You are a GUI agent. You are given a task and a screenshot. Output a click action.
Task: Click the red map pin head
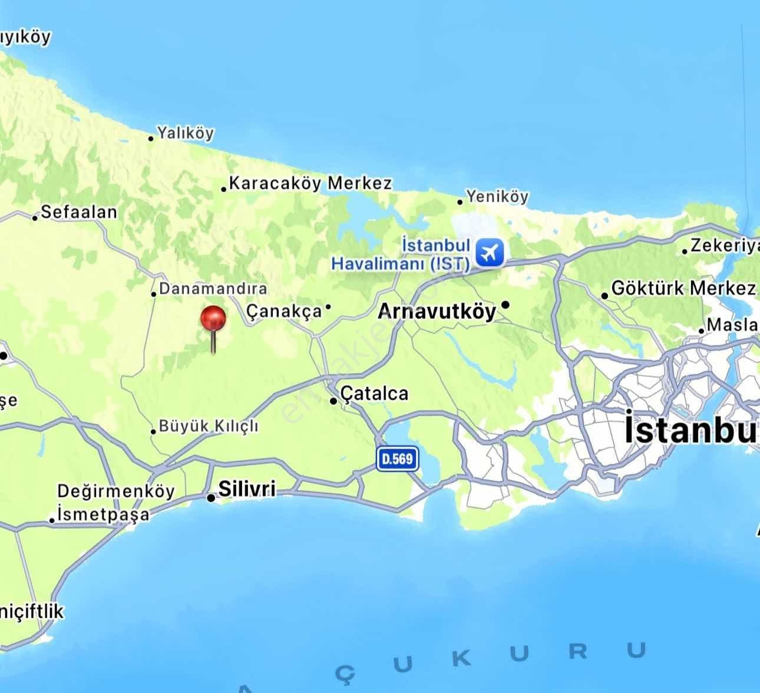coord(213,318)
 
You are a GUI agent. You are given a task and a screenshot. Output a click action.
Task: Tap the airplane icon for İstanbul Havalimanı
coord(489,253)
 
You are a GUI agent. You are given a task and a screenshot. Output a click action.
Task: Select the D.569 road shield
coord(398,458)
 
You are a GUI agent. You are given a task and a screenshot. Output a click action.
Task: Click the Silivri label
coord(247,489)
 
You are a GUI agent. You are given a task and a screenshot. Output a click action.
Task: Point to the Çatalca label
coord(375,393)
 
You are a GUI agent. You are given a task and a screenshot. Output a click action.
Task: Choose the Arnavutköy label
coord(437,311)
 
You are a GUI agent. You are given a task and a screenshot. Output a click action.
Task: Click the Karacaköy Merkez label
coord(310,183)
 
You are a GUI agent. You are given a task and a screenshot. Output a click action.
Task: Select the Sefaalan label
coord(79,212)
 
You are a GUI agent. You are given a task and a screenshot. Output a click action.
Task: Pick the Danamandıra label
coord(213,289)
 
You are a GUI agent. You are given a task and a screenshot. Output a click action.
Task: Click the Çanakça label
coord(285,311)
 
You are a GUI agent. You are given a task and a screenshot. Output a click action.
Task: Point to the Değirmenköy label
coord(116,491)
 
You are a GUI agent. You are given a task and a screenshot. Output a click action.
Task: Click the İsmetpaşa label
coord(104,514)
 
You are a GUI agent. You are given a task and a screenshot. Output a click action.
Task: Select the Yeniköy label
coord(498,196)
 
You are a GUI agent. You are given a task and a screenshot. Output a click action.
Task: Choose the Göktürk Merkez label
coord(683,288)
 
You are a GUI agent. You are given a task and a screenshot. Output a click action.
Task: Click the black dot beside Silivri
coord(211,498)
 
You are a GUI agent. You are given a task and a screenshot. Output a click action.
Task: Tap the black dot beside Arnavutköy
coord(505,305)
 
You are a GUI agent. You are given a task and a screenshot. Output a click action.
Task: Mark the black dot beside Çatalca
coord(333,401)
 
